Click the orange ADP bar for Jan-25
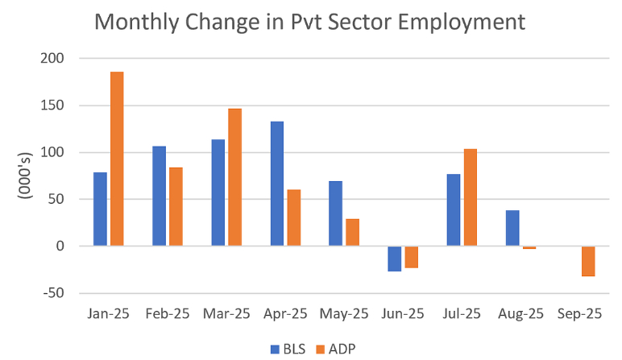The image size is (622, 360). coord(117,159)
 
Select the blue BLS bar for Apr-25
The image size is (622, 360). coord(276,184)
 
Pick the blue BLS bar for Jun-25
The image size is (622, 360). coord(394,259)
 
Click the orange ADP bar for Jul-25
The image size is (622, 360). coord(471,197)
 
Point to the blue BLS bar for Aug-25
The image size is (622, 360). coord(512,228)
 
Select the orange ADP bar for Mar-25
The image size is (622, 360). coord(234,177)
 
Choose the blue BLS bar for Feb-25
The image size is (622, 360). coord(159,196)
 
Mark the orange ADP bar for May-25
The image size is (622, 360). coord(352,232)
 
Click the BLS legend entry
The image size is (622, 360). coord(286,349)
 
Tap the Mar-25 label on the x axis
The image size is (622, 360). coord(227,314)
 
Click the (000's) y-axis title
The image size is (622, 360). coord(27,174)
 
